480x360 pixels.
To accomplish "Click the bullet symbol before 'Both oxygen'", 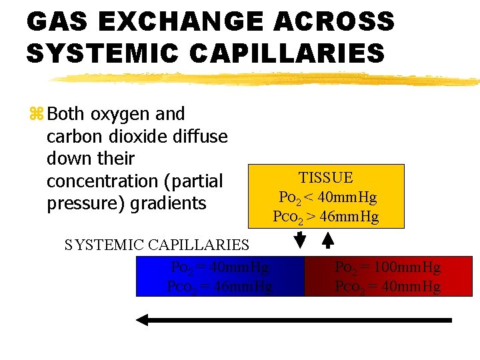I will [35, 115].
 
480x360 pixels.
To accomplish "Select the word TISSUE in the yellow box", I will [326, 178].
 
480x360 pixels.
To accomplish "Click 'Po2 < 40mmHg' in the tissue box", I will [327, 198].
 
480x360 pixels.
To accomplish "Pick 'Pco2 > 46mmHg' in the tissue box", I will [326, 217].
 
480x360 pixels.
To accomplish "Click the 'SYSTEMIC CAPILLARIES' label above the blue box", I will [157, 245].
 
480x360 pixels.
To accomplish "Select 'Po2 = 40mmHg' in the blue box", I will [220, 267].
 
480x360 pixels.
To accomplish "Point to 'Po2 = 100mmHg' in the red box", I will [387, 267].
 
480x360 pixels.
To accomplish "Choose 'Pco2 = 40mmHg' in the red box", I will [387, 287].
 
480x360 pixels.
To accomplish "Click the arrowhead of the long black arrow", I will [142, 320].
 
